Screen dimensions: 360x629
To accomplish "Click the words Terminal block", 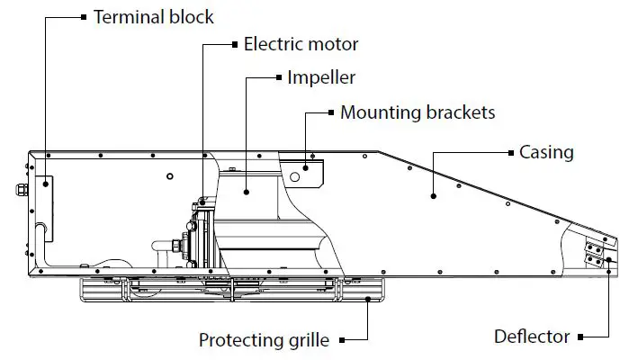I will (154, 16).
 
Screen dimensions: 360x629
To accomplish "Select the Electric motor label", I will (301, 43).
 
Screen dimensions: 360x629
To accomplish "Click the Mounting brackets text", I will (418, 113).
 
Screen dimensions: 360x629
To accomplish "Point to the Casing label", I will (546, 151).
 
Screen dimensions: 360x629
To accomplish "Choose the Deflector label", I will (532, 337).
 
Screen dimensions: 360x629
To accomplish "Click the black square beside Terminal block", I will (85, 16).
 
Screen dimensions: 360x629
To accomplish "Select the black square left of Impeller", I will (278, 77).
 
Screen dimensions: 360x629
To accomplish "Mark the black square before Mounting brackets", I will (330, 113).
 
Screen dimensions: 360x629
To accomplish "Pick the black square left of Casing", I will (510, 151).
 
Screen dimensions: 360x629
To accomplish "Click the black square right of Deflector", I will (582, 337).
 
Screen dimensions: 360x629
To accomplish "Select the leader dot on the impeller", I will (247, 191).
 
